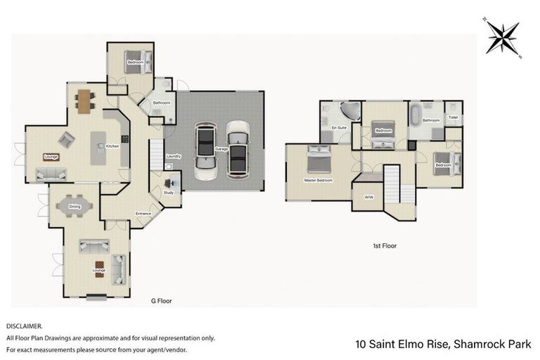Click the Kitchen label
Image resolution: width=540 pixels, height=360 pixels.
[x=112, y=146]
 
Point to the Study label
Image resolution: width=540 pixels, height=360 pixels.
[x=169, y=192]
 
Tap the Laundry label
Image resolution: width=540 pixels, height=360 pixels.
[x=174, y=156]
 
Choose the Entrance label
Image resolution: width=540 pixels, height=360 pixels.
[x=143, y=213]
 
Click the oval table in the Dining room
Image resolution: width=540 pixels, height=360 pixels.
[x=75, y=206]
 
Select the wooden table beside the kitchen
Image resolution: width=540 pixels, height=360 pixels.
[x=84, y=101]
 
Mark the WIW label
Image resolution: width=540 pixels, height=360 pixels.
[x=368, y=197]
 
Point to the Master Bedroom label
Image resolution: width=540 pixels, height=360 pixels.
[x=318, y=180]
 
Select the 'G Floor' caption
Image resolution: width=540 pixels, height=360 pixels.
[x=162, y=301]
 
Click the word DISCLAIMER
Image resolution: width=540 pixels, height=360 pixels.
[x=24, y=326]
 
